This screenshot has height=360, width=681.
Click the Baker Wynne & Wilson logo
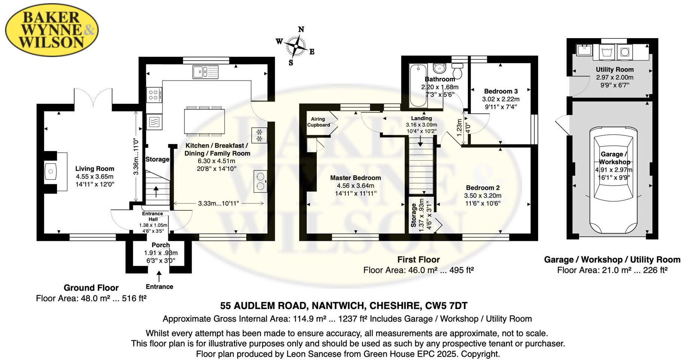tap(52, 30)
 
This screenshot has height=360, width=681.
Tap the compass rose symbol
tap(296, 46)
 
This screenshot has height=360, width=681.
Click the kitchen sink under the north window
tap(205, 72)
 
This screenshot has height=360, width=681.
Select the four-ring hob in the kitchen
tap(154, 95)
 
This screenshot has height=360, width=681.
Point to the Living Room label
tap(94, 169)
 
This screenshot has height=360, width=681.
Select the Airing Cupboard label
tap(318, 122)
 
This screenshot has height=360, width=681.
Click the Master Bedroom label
tap(355, 178)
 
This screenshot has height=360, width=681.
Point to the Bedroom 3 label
tap(501, 91)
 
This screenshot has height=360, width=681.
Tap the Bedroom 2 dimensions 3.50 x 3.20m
tap(482, 196)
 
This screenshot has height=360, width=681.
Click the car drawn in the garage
tap(613, 180)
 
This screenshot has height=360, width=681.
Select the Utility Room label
tap(615, 69)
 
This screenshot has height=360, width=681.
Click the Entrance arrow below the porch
tap(159, 277)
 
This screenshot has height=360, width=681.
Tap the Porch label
tap(161, 245)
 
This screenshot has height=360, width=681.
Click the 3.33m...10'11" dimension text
tap(219, 203)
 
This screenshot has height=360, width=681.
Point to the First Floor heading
tap(418, 260)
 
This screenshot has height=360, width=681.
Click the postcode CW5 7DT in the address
tap(446, 306)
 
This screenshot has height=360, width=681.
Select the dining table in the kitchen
tap(205, 121)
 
